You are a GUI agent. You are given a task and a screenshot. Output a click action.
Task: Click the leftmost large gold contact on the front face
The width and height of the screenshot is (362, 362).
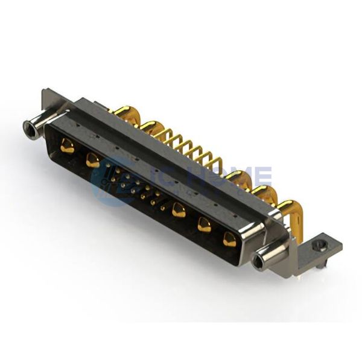pyautogui.click(x=67, y=145)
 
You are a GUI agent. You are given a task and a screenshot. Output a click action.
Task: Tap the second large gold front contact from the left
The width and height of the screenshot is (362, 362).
pyautogui.click(x=92, y=160)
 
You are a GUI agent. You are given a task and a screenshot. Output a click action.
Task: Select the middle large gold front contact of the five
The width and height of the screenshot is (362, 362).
pyautogui.click(x=179, y=210)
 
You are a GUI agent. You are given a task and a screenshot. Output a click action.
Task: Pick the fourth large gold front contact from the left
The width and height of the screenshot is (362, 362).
pyautogui.click(x=205, y=225)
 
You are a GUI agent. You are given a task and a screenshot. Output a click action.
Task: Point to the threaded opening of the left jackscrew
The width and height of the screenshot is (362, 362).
pyautogui.click(x=28, y=128)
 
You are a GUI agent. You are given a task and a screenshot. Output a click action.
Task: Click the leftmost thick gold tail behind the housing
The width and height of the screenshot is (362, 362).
pyautogui.click(x=125, y=113)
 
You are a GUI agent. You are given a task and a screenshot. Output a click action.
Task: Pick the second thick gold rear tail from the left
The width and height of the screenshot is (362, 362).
pyautogui.click(x=148, y=126)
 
